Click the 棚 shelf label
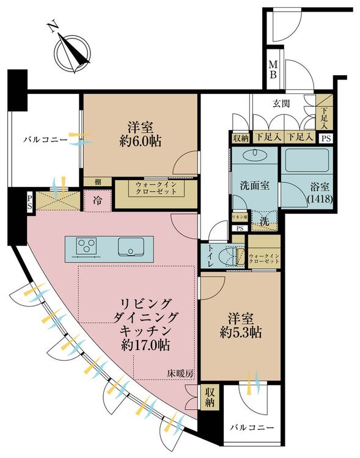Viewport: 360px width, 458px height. coord(98,181)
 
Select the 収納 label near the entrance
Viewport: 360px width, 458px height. coord(241,138)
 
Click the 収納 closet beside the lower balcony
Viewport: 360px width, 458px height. coord(210,398)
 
